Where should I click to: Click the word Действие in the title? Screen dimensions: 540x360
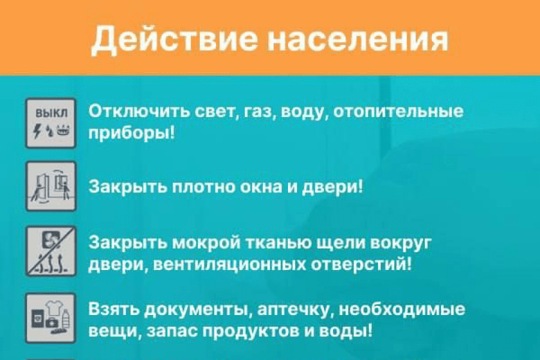click(174, 39)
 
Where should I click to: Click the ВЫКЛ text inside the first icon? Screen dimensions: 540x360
click(52, 113)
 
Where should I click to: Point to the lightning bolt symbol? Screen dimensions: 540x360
click(37, 130)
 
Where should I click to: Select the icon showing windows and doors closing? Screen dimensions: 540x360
click(51, 186)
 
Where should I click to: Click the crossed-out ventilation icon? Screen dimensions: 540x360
click(51, 251)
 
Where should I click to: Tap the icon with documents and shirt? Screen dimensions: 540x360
click(51, 318)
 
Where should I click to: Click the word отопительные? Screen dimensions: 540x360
click(398, 111)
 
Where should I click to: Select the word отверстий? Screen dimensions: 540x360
click(362, 265)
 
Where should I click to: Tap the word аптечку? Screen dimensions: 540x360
click(295, 310)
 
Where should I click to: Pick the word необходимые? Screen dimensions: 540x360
click(402, 309)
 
